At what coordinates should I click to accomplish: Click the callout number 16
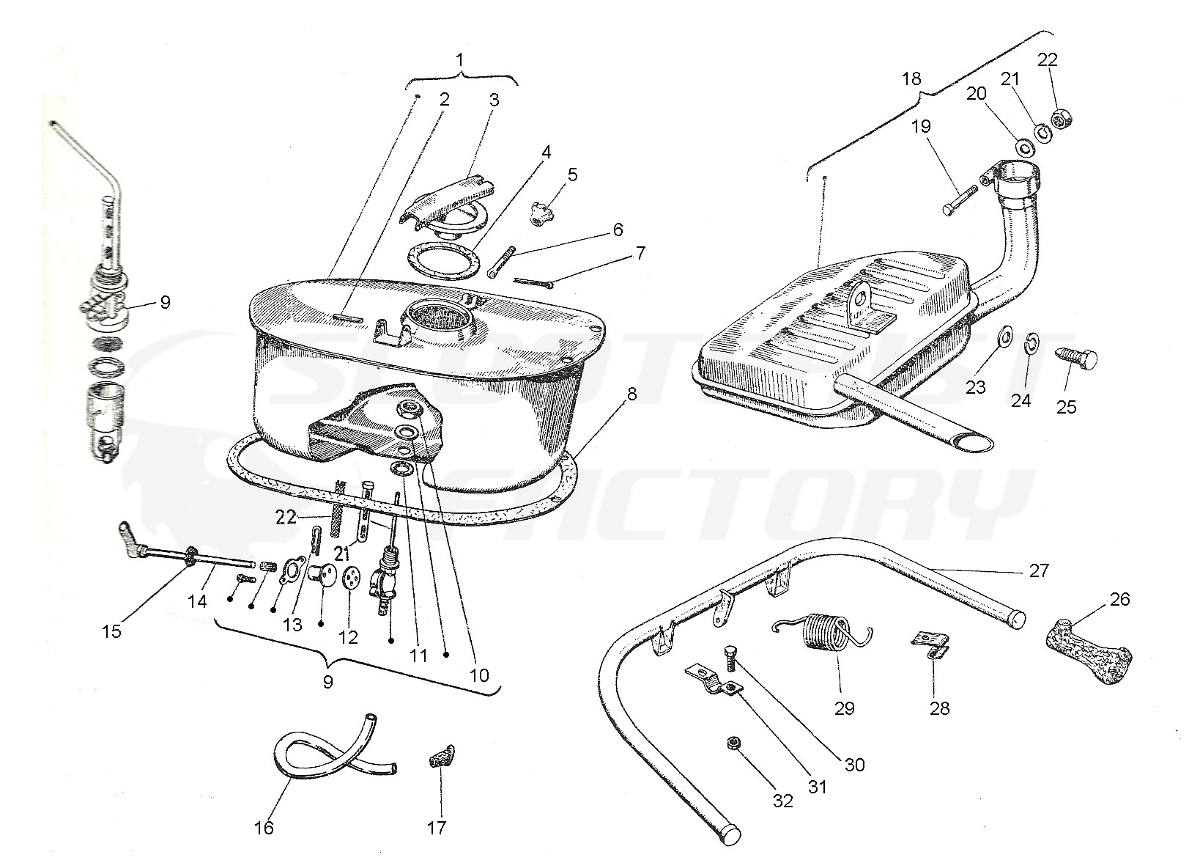(x=264, y=828)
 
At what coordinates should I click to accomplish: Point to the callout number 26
(x=1119, y=599)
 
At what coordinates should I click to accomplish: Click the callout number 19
(x=921, y=126)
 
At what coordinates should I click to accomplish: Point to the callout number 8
(x=631, y=394)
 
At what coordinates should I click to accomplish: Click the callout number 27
(x=1039, y=570)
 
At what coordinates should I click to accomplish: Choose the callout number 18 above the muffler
(x=911, y=78)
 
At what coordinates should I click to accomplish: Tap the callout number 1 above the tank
(x=460, y=59)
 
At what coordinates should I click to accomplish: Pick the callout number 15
(x=111, y=631)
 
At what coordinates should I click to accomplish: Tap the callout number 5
(x=572, y=175)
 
